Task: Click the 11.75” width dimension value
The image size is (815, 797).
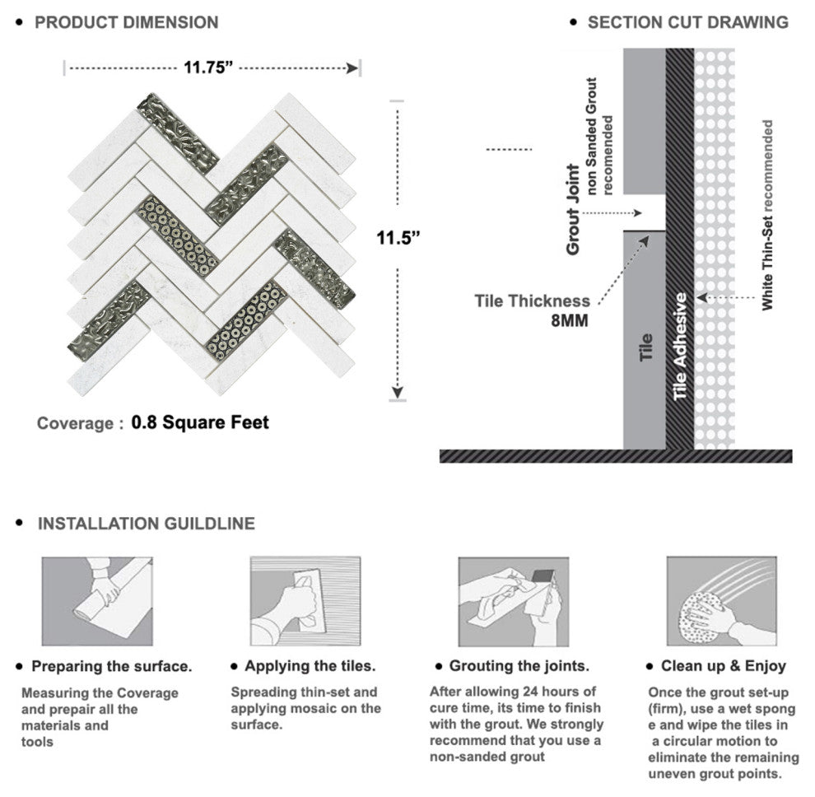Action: pyautogui.click(x=208, y=68)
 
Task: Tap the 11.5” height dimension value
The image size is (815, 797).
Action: pyautogui.click(x=398, y=238)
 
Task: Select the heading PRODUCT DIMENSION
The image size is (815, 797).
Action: pyautogui.click(x=126, y=22)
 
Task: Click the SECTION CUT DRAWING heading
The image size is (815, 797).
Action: pyautogui.click(x=687, y=22)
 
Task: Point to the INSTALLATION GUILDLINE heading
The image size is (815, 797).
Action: pyautogui.click(x=146, y=523)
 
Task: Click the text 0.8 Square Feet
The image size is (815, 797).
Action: pyautogui.click(x=200, y=422)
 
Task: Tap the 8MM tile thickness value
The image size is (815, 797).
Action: pyautogui.click(x=570, y=321)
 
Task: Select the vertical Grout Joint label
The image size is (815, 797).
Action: pyautogui.click(x=572, y=209)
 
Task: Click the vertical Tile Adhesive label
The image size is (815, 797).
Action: pyautogui.click(x=680, y=347)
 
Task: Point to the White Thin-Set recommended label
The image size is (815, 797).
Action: pyautogui.click(x=767, y=216)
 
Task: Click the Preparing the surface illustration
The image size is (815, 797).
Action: pyautogui.click(x=97, y=602)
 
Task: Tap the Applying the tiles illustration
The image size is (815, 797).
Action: pyautogui.click(x=305, y=602)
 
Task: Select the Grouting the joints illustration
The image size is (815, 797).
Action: pyautogui.click(x=514, y=602)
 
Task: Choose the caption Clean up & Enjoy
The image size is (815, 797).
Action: pyautogui.click(x=723, y=666)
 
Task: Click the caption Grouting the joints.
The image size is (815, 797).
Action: pyautogui.click(x=519, y=666)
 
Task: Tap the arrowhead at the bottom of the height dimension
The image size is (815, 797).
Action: pyautogui.click(x=398, y=393)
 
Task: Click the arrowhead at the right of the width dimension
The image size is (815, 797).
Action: pyautogui.click(x=352, y=68)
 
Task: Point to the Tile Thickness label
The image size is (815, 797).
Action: pyautogui.click(x=533, y=301)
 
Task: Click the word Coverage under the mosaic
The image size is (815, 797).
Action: pyautogui.click(x=76, y=423)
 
